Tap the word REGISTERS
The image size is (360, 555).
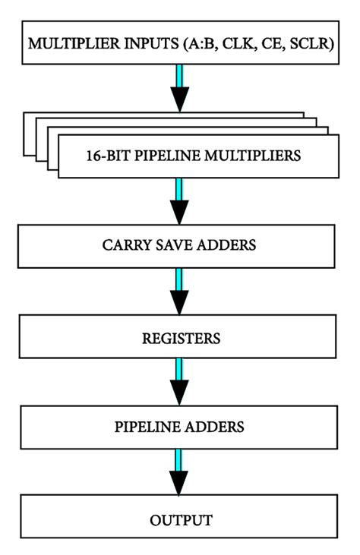180,336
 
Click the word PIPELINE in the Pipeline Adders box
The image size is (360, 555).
147,427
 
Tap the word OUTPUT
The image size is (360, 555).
180,519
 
